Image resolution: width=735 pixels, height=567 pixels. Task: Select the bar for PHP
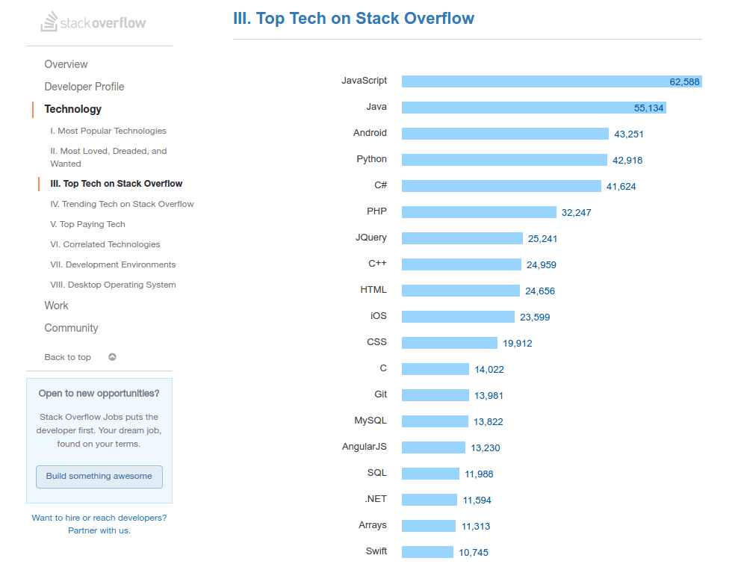tap(479, 212)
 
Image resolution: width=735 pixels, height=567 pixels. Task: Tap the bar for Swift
tap(427, 552)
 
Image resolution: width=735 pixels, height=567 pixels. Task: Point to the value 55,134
tap(648, 108)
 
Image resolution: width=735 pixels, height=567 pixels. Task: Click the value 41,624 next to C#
tap(621, 186)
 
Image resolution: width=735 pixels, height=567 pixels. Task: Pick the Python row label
tap(371, 159)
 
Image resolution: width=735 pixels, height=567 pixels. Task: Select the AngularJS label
tap(364, 447)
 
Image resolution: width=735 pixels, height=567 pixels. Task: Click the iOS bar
tap(458, 317)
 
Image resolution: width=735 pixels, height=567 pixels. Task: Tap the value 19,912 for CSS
tap(517, 343)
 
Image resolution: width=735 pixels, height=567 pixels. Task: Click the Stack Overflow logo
tap(93, 22)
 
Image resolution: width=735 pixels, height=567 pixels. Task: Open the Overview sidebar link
tap(66, 64)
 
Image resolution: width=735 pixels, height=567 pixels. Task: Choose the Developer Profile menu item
tap(84, 87)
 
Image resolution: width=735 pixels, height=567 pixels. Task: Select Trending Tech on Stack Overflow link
tap(122, 204)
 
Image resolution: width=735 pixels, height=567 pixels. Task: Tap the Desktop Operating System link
tap(113, 285)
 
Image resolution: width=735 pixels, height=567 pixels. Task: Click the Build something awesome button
tap(99, 477)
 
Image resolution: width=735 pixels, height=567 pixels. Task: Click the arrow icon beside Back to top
tap(112, 357)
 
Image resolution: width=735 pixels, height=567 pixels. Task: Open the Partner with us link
tap(99, 530)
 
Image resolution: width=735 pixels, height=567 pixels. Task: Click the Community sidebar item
tap(71, 328)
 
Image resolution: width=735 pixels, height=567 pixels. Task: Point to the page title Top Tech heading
tap(353, 19)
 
